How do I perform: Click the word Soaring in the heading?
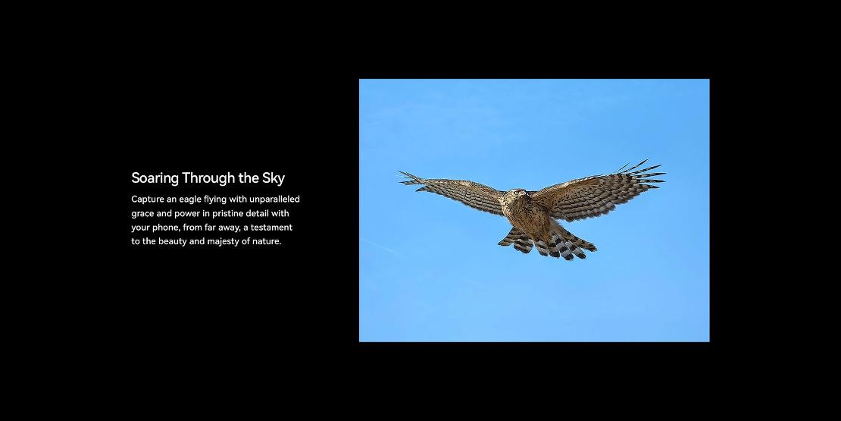pyautogui.click(x=155, y=178)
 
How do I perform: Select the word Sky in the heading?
pyautogui.click(x=274, y=178)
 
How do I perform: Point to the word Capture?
pyautogui.click(x=148, y=200)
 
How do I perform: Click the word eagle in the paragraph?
pyautogui.click(x=190, y=200)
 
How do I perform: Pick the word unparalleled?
pyautogui.click(x=274, y=200)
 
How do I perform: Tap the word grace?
pyautogui.click(x=142, y=214)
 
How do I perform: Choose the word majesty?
pyautogui.click(x=223, y=242)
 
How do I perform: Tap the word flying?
pyautogui.click(x=215, y=200)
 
